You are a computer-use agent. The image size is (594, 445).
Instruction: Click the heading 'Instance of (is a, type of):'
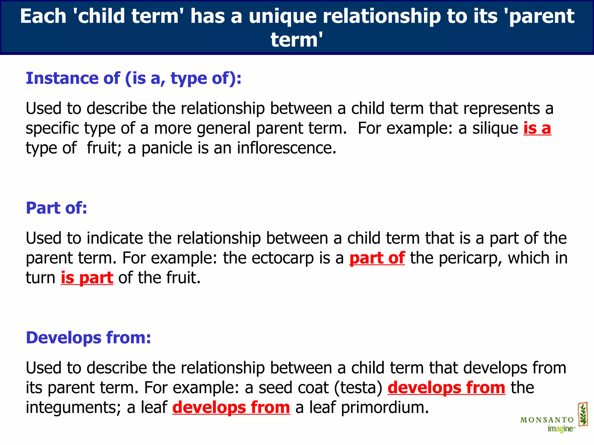pos(133,78)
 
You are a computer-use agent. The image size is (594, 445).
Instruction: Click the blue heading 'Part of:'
pos(57,208)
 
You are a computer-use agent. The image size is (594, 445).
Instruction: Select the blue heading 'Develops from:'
pos(88,338)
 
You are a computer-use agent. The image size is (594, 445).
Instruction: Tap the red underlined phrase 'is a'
pos(537,128)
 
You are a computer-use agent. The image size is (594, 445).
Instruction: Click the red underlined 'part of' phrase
pos(377,258)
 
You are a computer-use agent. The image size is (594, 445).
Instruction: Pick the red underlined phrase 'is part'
pos(87,278)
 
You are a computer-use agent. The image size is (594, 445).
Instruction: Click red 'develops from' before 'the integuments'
pos(446,387)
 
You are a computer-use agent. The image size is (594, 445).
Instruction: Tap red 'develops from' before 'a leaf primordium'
pos(231,407)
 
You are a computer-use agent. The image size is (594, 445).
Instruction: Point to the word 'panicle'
pos(167,148)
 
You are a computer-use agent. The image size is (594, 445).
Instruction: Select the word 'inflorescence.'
pos(287,148)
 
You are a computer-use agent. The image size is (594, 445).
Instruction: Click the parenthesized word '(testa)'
pos(358,387)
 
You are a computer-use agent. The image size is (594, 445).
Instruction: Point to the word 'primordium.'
pos(385,407)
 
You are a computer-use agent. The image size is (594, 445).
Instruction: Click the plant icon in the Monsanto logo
pos(583,414)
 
